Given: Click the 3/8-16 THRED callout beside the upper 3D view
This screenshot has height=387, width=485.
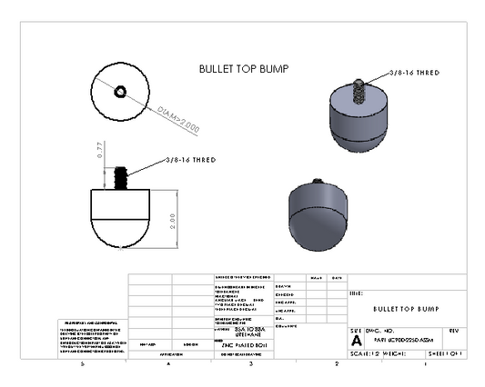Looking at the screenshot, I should [x=414, y=71].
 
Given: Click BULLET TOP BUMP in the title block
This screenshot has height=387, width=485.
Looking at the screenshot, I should [x=405, y=309].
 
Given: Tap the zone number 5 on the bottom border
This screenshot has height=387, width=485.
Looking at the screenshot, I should [x=83, y=363].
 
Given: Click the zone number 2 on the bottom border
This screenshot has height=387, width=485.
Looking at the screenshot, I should [x=336, y=363].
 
